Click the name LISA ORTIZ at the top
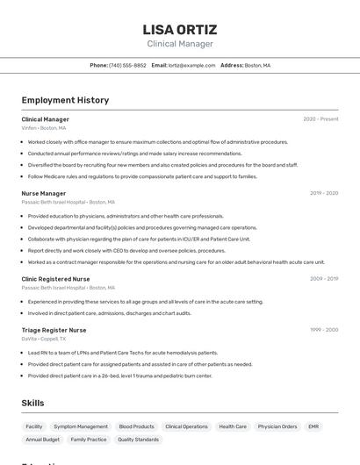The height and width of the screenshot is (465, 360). [x=179, y=29]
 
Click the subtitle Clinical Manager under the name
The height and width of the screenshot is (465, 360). [x=179, y=44]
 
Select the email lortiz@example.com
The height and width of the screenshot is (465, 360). [x=191, y=65]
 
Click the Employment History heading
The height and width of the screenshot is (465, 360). [x=65, y=100]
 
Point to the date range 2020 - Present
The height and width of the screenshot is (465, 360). [x=320, y=118]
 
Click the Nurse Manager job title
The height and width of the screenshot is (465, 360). [x=44, y=193]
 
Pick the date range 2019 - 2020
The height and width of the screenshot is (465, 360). [x=324, y=193]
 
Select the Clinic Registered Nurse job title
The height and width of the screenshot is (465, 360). [x=55, y=279]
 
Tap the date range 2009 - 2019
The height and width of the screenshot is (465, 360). [x=324, y=279]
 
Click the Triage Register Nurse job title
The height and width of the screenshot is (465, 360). [x=54, y=330]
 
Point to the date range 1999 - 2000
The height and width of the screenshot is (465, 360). [x=324, y=330]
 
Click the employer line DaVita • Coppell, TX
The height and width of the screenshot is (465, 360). [x=43, y=339]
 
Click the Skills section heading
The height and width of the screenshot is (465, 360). [x=33, y=403]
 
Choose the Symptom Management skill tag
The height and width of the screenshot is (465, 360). [x=81, y=426]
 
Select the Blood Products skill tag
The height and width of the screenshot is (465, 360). [x=136, y=426]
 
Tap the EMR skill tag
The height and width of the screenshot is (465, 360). [x=313, y=426]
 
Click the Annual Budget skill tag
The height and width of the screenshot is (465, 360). [x=42, y=440]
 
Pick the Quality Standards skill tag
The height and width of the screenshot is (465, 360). [x=138, y=440]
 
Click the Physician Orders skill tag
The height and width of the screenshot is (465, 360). [x=277, y=426]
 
